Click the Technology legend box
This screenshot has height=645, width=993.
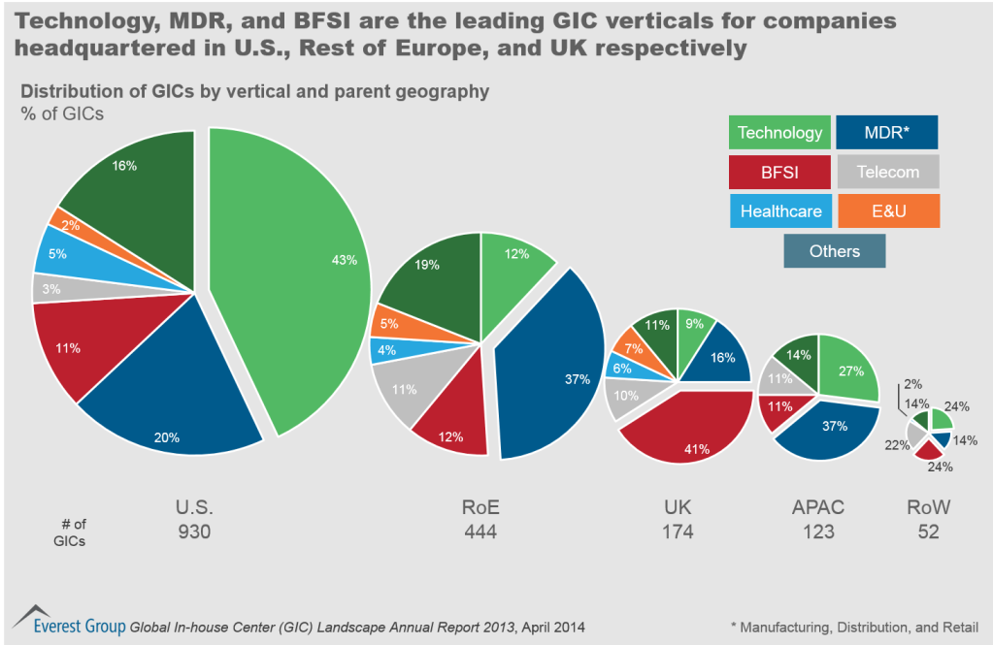click(x=779, y=132)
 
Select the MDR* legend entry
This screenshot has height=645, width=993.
click(x=886, y=132)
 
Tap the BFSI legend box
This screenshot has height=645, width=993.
click(x=779, y=172)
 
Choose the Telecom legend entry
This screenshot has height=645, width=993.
click(x=886, y=172)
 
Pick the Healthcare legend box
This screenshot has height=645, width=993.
click(x=779, y=210)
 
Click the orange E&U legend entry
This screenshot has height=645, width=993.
click(x=886, y=210)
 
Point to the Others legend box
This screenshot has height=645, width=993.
click(x=834, y=251)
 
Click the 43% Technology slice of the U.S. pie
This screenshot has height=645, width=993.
click(x=301, y=272)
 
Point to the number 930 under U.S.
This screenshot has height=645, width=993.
click(x=193, y=532)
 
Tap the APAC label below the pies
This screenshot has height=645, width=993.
click(x=816, y=507)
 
